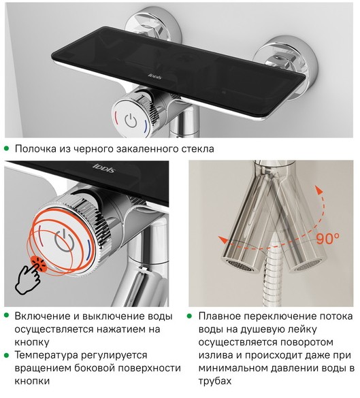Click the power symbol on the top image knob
131,120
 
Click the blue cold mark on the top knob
146,125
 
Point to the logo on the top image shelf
154,76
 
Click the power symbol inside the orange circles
65,240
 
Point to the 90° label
328,238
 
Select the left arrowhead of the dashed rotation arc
223,239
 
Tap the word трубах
215,381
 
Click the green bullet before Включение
6,316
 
